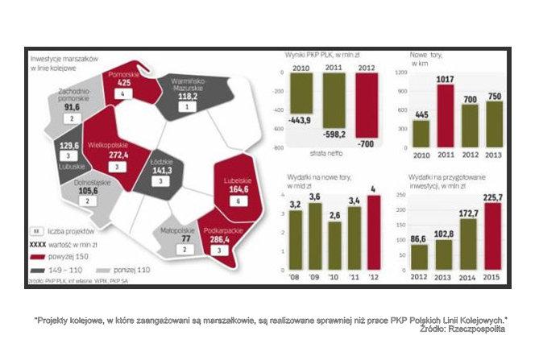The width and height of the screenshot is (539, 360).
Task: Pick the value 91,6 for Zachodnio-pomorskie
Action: (72, 107)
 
